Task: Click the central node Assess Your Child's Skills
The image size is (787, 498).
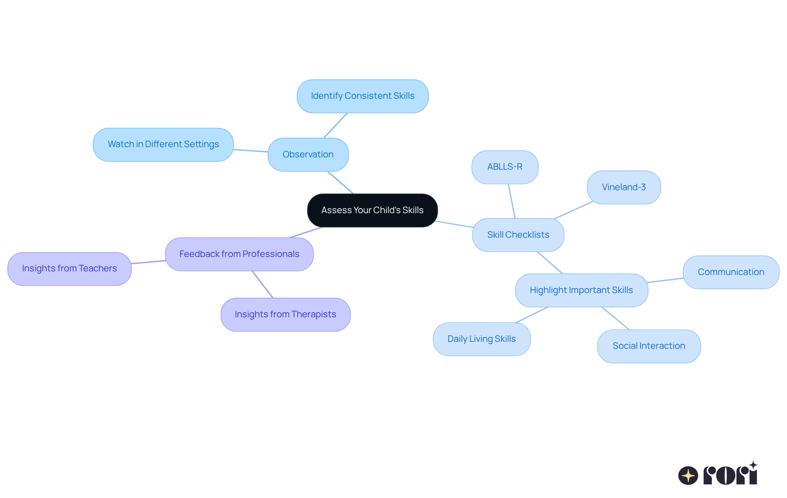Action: pos(372,210)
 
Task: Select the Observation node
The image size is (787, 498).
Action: pos(308,155)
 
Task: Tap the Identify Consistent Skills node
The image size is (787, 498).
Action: pos(363,96)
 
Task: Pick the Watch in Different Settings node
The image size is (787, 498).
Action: pos(163,145)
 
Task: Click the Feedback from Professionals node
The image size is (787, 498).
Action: pos(239,254)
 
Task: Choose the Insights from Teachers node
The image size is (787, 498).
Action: pos(70,269)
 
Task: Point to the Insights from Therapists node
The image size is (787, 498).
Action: pos(286,315)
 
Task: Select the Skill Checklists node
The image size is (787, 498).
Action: pos(518,235)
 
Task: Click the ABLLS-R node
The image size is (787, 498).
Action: pos(505,167)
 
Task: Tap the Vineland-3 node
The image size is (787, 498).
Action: pos(624,187)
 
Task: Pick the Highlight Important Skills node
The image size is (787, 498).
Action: pos(582,290)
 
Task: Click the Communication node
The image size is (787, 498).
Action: pos(731,272)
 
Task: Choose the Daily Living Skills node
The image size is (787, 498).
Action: pos(482,339)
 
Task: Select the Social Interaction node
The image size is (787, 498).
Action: pos(649,346)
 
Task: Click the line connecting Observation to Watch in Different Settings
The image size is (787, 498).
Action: pos(251,150)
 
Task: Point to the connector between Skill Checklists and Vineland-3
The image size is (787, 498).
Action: pos(573,210)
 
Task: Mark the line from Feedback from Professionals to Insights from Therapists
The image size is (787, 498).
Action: pos(262,284)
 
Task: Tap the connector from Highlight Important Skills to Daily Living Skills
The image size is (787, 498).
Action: pos(532,315)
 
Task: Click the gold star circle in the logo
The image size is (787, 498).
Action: pos(688,475)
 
